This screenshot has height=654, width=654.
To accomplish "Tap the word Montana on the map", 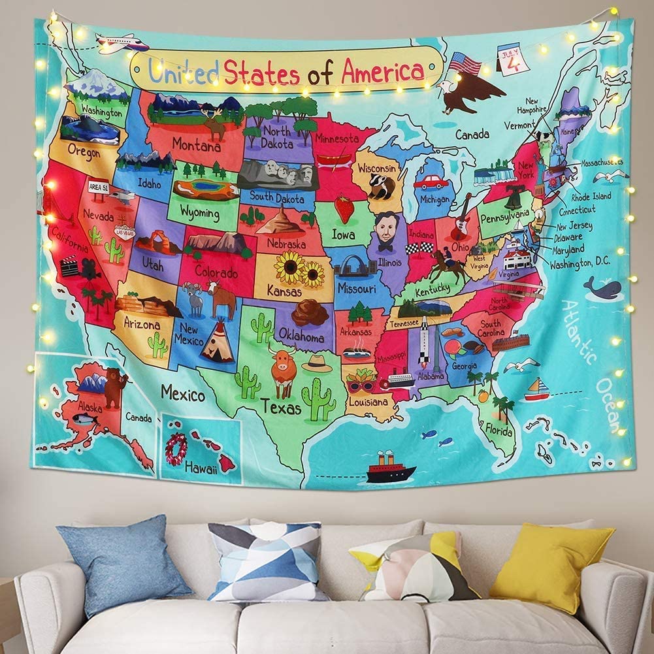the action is click(x=196, y=144).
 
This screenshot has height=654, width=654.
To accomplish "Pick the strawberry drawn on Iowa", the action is click(x=344, y=208).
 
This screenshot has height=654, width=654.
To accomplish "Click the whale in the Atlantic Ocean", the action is click(x=602, y=287).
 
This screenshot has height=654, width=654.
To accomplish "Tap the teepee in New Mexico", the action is click(x=218, y=342).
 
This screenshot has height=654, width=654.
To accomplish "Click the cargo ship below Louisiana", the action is click(x=391, y=468).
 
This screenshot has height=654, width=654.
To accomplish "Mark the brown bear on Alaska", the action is click(x=116, y=386).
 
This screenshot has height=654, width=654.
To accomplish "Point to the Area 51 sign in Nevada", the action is click(x=99, y=187).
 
